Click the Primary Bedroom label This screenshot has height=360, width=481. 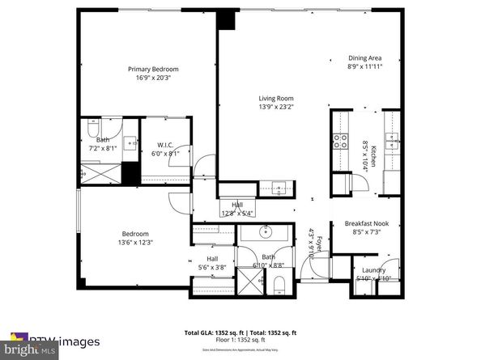coord(153,70)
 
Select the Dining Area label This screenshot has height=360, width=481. coord(364,58)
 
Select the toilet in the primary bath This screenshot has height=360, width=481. coord(92,130)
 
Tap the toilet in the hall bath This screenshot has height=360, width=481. coord(278,284)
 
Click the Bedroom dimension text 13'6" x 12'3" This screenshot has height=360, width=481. coord(135,241)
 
